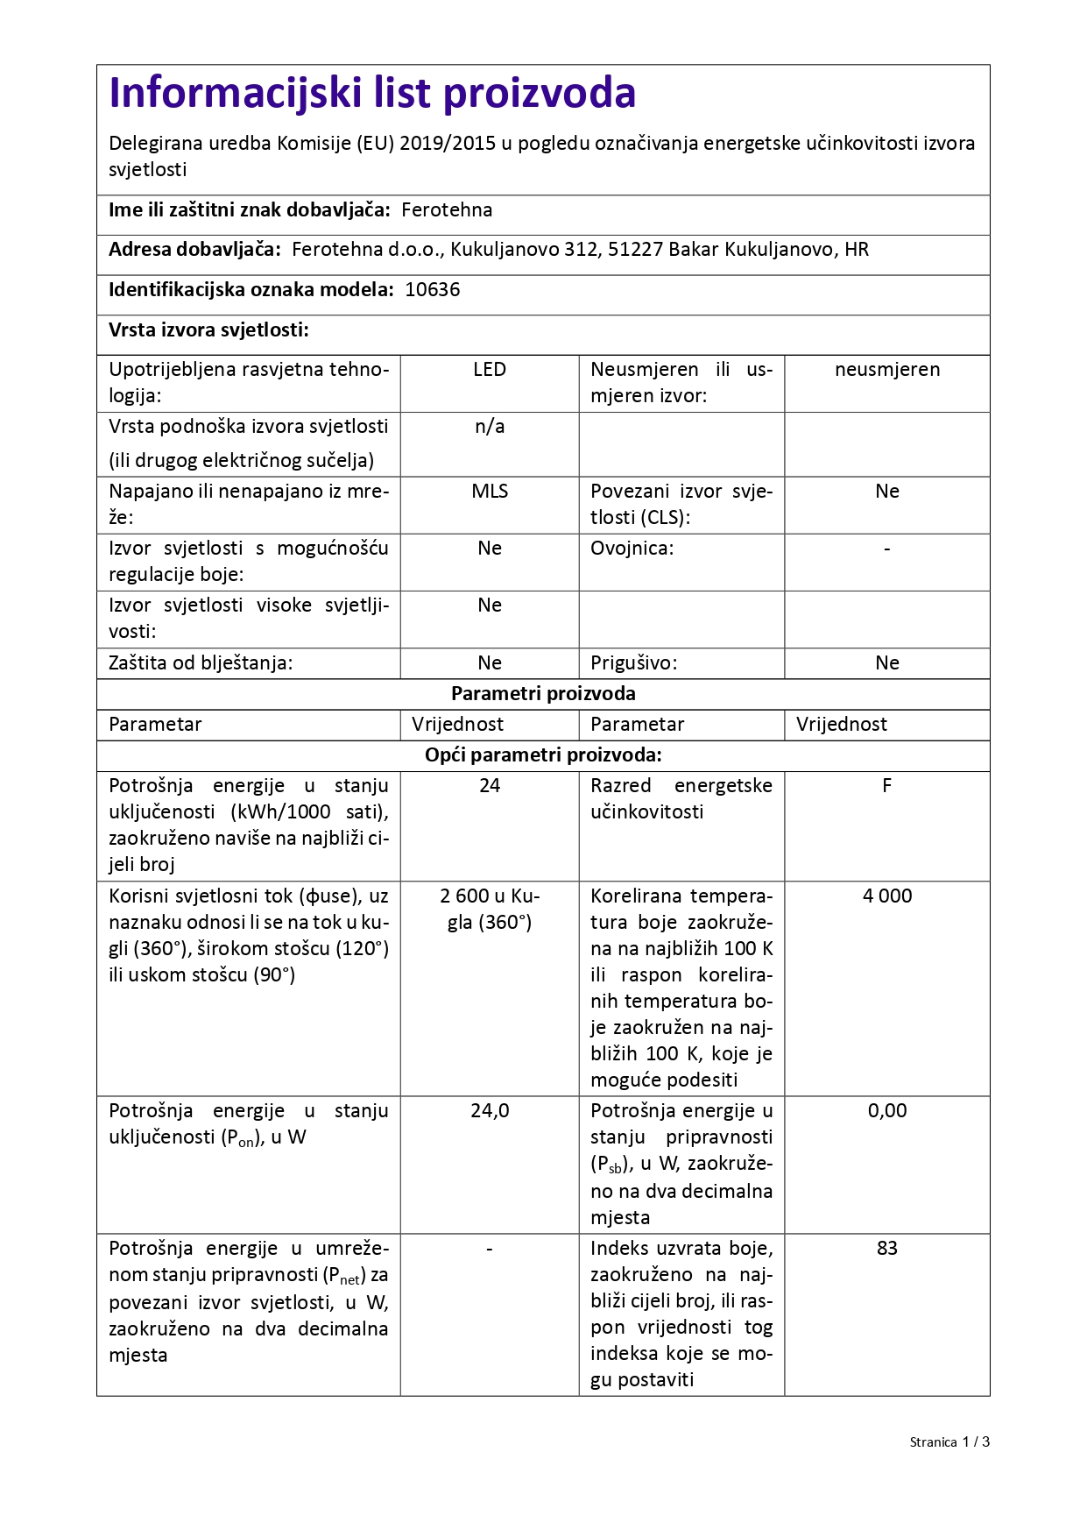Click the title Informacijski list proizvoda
click(372, 93)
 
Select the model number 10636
click(432, 290)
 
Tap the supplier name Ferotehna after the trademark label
click(447, 210)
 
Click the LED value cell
click(490, 370)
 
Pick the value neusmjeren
click(886, 370)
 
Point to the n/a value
click(490, 427)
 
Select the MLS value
click(490, 492)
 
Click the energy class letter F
click(886, 786)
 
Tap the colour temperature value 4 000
click(886, 896)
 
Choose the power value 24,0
click(490, 1111)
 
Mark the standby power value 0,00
click(886, 1111)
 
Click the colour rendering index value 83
click(886, 1249)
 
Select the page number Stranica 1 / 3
click(949, 1442)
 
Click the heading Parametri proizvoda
click(543, 694)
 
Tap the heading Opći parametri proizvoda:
click(543, 755)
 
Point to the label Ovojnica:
click(632, 549)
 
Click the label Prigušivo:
click(633, 663)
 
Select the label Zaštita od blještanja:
click(201, 663)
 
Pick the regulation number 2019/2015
click(447, 144)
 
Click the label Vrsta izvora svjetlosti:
click(208, 330)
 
